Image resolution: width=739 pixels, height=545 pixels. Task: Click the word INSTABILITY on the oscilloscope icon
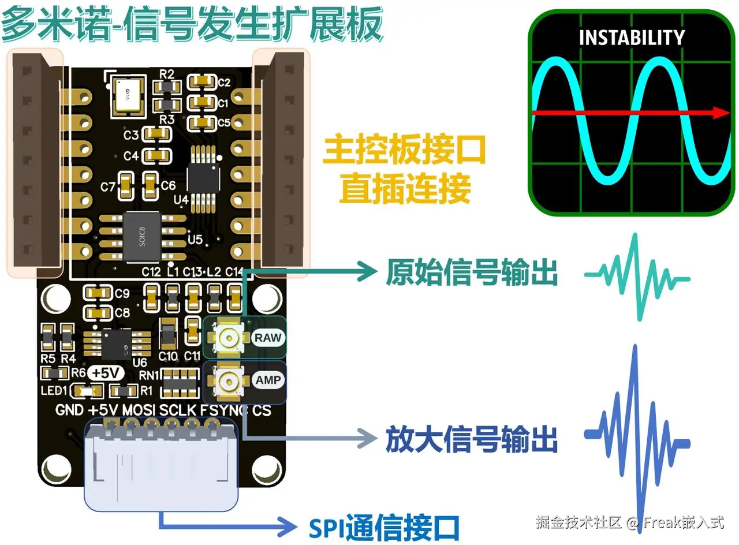(632, 38)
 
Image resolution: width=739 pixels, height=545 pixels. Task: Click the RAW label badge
(269, 337)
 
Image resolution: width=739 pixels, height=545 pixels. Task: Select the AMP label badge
(269, 380)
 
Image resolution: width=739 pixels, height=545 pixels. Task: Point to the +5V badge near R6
(104, 374)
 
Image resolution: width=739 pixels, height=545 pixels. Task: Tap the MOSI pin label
(139, 410)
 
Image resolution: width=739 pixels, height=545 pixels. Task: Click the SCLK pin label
(178, 410)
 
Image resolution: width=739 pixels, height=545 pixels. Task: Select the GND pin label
(69, 410)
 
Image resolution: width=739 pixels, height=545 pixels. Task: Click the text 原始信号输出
(472, 272)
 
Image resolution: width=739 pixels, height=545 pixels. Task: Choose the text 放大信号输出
(472, 440)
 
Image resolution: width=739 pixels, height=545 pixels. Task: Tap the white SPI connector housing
(161, 468)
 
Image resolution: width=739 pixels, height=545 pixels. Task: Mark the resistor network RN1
(179, 380)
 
